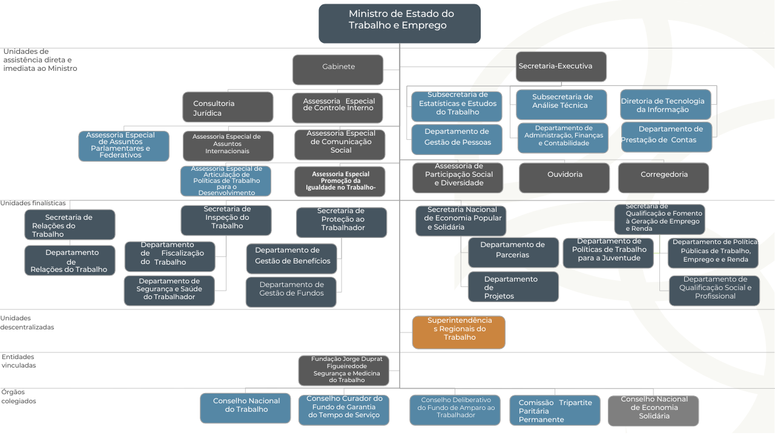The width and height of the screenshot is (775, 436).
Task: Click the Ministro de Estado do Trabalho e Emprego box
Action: tap(400, 24)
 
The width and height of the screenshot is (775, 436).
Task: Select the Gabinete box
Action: tap(338, 70)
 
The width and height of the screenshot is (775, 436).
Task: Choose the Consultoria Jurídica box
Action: tap(228, 107)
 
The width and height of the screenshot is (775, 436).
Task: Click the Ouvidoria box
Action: tap(564, 177)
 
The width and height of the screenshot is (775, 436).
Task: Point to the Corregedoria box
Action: tap(664, 177)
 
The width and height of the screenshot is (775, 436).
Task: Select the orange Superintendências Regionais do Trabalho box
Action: tap(458, 332)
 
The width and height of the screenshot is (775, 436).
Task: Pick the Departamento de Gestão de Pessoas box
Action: tap(457, 139)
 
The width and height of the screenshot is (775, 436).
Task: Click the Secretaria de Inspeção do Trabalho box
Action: tap(226, 220)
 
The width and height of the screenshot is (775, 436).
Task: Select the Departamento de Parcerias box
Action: tap(513, 253)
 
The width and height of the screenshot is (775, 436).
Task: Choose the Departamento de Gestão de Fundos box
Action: tap(291, 292)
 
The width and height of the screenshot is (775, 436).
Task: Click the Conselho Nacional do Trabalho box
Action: tap(245, 408)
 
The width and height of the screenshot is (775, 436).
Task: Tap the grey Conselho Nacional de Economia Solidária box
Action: tap(653, 411)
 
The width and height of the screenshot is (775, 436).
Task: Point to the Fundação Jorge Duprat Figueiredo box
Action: tap(344, 371)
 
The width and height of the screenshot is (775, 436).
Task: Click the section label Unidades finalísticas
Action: tap(33, 203)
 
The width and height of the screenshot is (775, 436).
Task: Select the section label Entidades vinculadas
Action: tap(19, 362)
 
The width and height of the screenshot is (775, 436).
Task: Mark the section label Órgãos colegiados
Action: tap(19, 397)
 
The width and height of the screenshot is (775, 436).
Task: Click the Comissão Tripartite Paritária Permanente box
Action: tap(555, 411)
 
